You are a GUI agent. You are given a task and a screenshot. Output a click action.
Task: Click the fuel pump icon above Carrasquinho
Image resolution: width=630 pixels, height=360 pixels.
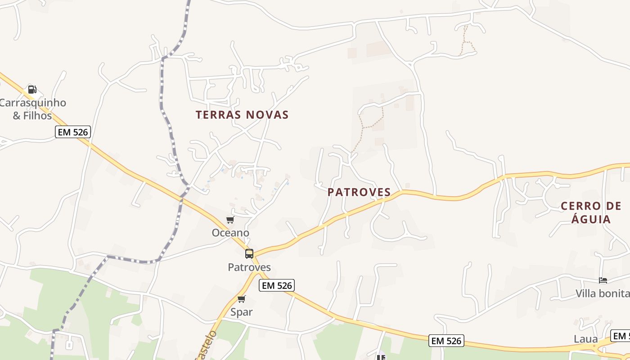[32, 90]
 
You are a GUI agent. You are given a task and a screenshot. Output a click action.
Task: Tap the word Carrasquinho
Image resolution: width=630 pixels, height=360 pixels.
[33, 103]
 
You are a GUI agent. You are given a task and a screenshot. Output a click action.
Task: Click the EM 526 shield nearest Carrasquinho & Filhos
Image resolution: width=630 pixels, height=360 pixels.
[73, 132]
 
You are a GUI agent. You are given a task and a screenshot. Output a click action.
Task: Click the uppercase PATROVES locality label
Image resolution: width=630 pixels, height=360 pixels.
[359, 192]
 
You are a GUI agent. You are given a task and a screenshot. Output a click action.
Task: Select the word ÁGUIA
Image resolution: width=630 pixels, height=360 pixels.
[591, 220]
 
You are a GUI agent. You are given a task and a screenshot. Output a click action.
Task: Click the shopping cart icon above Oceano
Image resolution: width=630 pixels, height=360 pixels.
[230, 220]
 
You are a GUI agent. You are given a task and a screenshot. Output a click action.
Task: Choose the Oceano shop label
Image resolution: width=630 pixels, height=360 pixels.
[230, 233]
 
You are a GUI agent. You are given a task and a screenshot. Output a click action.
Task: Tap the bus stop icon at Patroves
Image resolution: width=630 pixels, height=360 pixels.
[249, 253]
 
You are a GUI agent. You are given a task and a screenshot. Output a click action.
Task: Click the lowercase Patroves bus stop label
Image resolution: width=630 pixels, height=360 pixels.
[249, 267]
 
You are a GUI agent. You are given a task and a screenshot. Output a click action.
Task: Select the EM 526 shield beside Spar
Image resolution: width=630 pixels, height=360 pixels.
[277, 285]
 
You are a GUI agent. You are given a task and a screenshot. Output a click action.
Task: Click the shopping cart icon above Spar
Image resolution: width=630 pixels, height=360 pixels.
[242, 299]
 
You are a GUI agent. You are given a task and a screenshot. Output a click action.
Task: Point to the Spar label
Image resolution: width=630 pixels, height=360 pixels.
[242, 312]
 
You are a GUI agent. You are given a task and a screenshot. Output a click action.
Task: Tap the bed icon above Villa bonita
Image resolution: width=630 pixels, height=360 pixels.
[603, 280]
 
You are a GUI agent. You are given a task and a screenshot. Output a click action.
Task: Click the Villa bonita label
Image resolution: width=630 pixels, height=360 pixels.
[603, 294]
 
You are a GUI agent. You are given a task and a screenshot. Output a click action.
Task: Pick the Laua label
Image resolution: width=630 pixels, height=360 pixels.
[586, 339]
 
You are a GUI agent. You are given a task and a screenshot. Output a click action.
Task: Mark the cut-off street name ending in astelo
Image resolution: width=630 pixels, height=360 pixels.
[207, 346]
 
